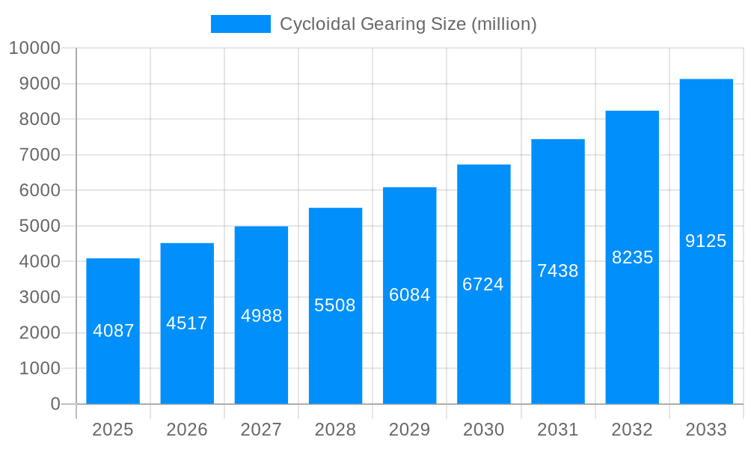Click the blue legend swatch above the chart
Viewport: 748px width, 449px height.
tap(240, 24)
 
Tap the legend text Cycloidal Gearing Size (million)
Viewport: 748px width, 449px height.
tap(408, 24)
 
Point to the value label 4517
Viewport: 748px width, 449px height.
tap(187, 323)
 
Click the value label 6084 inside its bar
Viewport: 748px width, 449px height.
tap(410, 295)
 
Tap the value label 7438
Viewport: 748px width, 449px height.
tap(558, 271)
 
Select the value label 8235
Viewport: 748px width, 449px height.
tap(633, 257)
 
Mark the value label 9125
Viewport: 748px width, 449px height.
tap(706, 241)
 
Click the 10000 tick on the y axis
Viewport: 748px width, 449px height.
tap(34, 48)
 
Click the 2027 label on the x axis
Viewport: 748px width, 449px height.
tap(261, 430)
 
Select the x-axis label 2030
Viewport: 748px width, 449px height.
tap(484, 430)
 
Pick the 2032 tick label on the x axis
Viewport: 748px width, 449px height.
tap(632, 430)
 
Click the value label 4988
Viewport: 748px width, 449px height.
tap(262, 316)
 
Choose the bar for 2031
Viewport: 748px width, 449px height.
tap(558, 337)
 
